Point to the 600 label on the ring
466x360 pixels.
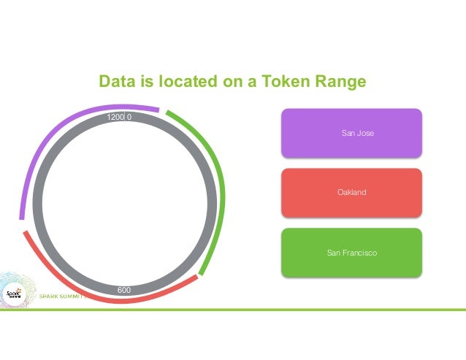pos(124,291)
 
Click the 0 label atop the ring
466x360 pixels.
pos(129,117)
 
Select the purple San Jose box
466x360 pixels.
pos(351,133)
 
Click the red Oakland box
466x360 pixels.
pos(351,193)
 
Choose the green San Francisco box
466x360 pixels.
pos(351,253)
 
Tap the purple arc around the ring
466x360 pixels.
pos(51,146)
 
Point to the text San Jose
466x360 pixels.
pos(358,133)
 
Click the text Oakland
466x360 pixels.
pos(351,193)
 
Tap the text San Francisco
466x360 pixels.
pos(351,253)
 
